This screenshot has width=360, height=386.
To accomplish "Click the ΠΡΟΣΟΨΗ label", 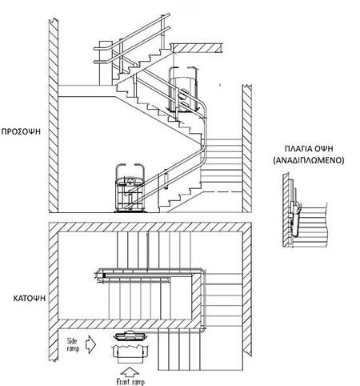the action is click(x=21, y=131).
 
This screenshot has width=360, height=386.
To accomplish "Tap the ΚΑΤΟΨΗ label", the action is click(x=30, y=298).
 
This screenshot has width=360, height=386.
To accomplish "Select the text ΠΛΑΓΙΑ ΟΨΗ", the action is click(x=309, y=149).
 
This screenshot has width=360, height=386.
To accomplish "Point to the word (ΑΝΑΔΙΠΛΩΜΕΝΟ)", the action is click(x=309, y=160).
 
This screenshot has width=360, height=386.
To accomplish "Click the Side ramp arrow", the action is click(x=90, y=344).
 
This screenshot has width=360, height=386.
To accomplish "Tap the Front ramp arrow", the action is click(x=130, y=372).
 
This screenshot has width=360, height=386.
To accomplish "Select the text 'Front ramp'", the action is click(x=130, y=381).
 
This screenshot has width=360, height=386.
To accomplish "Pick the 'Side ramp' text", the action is click(x=73, y=344).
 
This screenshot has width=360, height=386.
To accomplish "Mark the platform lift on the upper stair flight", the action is click(x=182, y=90).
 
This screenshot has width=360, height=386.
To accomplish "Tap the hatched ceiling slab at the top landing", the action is click(x=196, y=48).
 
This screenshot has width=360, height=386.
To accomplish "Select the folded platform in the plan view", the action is click(x=130, y=336).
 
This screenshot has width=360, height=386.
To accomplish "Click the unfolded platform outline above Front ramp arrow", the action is click(x=130, y=353).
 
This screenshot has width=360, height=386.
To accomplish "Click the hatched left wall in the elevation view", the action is click(x=54, y=115).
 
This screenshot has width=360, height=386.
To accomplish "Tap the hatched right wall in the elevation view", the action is click(x=247, y=148).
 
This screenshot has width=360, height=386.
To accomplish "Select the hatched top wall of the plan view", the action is click(x=150, y=227).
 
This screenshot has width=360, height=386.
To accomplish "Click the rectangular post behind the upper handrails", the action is click(x=106, y=63).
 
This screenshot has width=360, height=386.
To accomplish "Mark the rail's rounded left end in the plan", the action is click(x=100, y=275).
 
